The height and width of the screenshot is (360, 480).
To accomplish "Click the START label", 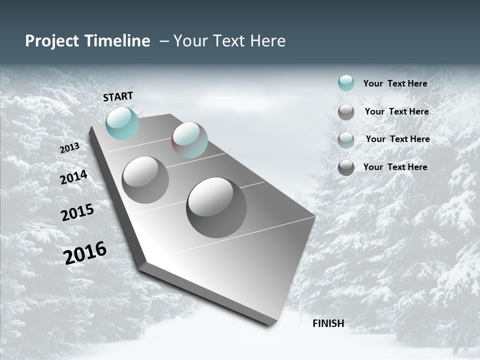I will click(x=118, y=96).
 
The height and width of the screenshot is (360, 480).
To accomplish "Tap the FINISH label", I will click(x=328, y=323).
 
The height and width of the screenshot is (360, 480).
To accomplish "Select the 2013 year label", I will click(x=69, y=148).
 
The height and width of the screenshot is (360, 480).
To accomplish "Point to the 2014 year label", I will click(x=73, y=177).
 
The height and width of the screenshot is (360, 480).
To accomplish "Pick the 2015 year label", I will click(x=77, y=212).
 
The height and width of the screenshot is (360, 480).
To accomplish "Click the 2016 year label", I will click(x=85, y=253).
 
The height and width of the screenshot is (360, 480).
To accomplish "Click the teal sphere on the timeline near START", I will click(x=122, y=123).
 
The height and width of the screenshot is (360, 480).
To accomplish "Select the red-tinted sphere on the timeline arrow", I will click(x=189, y=140).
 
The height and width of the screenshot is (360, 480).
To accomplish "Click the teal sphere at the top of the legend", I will click(x=346, y=83).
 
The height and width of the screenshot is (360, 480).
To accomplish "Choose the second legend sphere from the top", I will click(x=346, y=112).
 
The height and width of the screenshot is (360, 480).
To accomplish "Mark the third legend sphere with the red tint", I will click(x=346, y=140).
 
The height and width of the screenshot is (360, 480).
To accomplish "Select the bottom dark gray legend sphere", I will click(x=346, y=167).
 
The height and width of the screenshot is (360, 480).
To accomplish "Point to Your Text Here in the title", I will click(x=229, y=41).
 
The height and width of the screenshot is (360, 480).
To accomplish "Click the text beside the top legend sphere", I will click(x=395, y=83).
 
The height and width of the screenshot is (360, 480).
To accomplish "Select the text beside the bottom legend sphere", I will click(x=395, y=167).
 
